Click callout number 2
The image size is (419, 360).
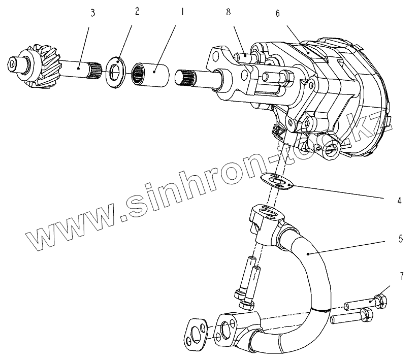[x=137, y=12]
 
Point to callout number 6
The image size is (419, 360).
[x=277, y=14]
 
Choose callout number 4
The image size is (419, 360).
[x=399, y=201]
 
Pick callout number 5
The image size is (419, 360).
[x=401, y=238]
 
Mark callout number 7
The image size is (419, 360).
[x=401, y=276]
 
